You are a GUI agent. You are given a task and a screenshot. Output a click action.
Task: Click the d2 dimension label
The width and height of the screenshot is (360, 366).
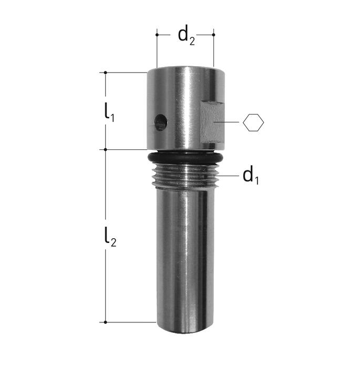tap(186, 36)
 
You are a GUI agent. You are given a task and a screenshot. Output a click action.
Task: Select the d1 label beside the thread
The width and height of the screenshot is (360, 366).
tap(251, 176)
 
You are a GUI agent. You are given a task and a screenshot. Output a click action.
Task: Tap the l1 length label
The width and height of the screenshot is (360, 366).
tap(109, 113)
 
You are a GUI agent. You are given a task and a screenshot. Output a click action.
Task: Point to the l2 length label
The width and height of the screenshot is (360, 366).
tap(110, 237)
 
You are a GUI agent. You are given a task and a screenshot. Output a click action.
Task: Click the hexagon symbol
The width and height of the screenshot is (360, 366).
tap(253, 123)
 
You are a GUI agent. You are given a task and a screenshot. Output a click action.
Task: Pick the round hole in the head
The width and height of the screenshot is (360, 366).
tap(161, 122)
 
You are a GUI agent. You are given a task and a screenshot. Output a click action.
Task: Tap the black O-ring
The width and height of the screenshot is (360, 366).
tap(185, 158)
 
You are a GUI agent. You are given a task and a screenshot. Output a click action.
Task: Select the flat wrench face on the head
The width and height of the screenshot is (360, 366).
tap(212, 123)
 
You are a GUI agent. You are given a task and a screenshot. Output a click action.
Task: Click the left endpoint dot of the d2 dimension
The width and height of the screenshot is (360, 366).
tap(157, 35)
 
